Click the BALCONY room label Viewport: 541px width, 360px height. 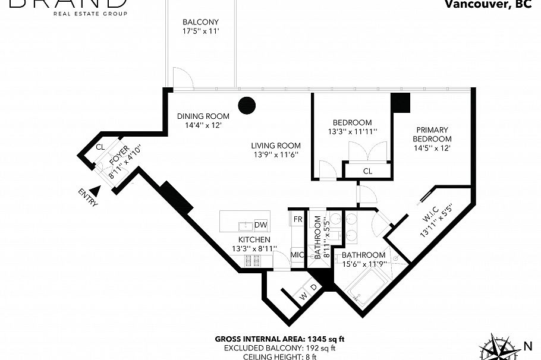pos(200,22)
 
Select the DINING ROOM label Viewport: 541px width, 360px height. pos(203,116)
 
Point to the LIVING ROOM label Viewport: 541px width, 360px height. pos(275,146)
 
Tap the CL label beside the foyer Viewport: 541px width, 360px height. pos(100,147)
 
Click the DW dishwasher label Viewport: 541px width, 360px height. pos(260,225)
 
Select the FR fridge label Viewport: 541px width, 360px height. pos(298,219)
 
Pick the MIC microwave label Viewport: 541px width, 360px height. pos(297,255)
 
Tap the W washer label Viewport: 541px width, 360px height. pos(304,295)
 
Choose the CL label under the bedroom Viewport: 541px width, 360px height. pos(367,171)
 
